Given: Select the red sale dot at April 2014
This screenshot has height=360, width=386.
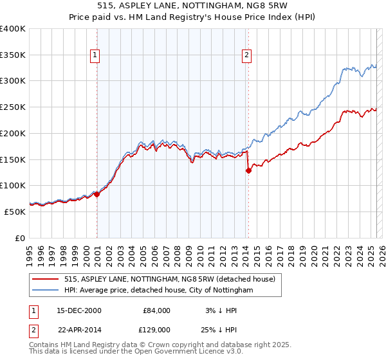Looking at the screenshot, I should click(x=248, y=170).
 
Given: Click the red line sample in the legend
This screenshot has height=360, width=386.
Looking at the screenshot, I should click(x=46, y=279).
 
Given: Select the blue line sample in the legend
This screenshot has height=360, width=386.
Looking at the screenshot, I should click(x=46, y=291).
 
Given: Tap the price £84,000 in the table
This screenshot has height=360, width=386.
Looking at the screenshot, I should click(x=156, y=310).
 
